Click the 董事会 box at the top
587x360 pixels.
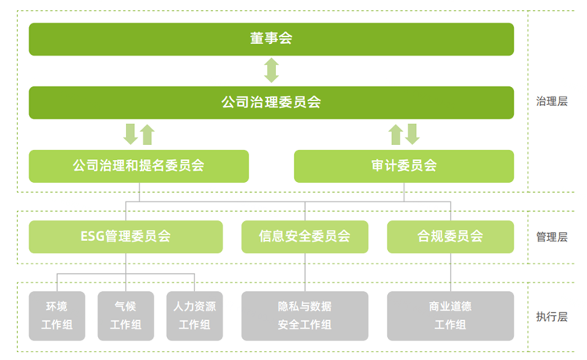[271, 39]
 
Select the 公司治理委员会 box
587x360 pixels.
[271, 103]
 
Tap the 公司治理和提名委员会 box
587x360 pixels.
[139, 165]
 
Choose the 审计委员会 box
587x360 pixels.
[404, 165]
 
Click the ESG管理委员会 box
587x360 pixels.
[125, 236]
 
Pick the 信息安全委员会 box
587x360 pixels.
[305, 236]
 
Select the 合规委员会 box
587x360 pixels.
[450, 236]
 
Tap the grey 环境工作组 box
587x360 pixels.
[56, 315]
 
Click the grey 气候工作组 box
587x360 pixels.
[125, 315]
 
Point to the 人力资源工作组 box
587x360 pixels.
[194, 315]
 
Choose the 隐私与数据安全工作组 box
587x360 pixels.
[305, 315]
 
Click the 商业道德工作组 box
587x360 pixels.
[450, 315]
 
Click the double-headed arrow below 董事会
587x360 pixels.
[271, 71]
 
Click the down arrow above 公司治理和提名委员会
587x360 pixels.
[131, 134]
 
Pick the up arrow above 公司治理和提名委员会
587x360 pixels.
[147, 134]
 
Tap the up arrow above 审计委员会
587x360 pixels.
[396, 134]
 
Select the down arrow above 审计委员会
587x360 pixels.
[412, 134]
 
